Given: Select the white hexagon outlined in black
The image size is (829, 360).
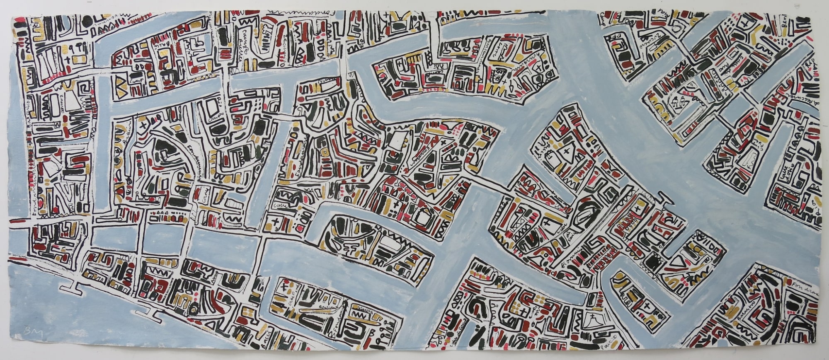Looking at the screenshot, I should pyautogui.click(x=421, y=215).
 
